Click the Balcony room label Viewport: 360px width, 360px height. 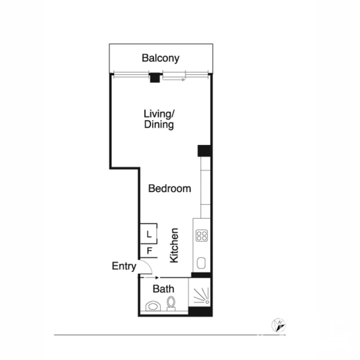pyautogui.click(x=160, y=58)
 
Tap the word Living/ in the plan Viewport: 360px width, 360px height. pyautogui.click(x=159, y=114)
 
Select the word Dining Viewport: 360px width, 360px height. pyautogui.click(x=159, y=125)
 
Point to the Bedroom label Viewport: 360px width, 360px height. pyautogui.click(x=170, y=189)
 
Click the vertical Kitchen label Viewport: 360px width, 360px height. pyautogui.click(x=174, y=245)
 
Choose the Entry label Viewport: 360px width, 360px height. pyautogui.click(x=124, y=266)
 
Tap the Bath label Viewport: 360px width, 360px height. pyautogui.click(x=163, y=289)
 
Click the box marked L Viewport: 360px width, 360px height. pyautogui.click(x=149, y=234)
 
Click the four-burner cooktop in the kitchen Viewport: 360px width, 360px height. pyautogui.click(x=202, y=235)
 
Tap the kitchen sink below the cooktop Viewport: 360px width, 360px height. pyautogui.click(x=201, y=263)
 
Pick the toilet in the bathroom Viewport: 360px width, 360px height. pyautogui.click(x=171, y=303)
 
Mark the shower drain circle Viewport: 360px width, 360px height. pyautogui.click(x=208, y=302)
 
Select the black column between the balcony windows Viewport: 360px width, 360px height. pyautogui.click(x=154, y=78)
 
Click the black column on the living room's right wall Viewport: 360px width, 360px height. pyautogui.click(x=204, y=151)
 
